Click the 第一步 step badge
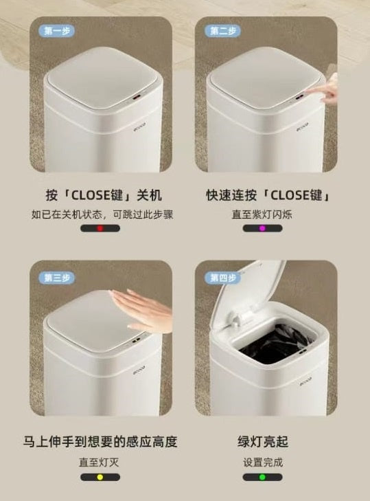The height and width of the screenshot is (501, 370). [56, 31]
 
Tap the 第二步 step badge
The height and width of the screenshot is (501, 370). [222, 31]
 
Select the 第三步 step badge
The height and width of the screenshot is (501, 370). [56, 278]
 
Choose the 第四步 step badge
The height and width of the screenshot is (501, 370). [222, 278]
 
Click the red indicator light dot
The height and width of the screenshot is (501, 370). [100, 228]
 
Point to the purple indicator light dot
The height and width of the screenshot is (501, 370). [262, 228]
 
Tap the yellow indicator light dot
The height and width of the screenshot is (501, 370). [100, 477]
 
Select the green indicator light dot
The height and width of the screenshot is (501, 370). [262, 477]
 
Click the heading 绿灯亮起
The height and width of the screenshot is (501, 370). [263, 442]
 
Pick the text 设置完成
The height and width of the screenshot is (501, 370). [263, 462]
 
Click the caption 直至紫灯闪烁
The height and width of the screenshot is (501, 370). [262, 214]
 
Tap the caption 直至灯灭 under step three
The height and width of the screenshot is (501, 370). [99, 462]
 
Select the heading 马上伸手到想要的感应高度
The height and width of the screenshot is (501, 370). [100, 442]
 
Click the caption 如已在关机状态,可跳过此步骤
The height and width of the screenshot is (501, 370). [102, 214]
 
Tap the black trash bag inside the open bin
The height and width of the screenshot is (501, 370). [275, 343]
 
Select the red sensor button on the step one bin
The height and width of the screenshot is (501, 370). [137, 97]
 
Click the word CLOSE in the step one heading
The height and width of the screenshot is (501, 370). [91, 195]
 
